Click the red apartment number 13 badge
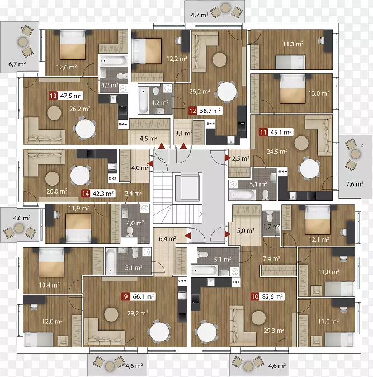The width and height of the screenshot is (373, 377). coord(53,96)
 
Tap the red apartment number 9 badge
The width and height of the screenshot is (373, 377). coord(125,296)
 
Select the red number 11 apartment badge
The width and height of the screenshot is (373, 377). coord(263,132)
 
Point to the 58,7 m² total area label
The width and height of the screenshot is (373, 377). coord(210,111)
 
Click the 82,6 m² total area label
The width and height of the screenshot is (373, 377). coord(272,296)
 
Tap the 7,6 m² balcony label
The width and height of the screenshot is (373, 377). coord(355,184)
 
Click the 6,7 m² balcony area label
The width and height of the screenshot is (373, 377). coord(17,64)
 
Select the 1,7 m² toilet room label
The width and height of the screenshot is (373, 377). coord(271,227)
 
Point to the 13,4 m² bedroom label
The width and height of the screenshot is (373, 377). coord(49,285)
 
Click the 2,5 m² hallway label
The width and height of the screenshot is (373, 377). coord(240,158)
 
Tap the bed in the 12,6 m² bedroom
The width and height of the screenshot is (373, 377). coord(72,45)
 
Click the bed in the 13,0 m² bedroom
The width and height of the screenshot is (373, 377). coord(292,89)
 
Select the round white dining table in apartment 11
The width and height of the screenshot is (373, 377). coord(310,168)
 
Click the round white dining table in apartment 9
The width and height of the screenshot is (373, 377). coord(159,332)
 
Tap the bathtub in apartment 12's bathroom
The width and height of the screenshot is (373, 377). coord(143,100)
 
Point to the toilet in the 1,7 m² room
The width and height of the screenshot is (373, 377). coord(270,216)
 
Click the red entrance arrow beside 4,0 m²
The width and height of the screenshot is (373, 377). coord(150,164)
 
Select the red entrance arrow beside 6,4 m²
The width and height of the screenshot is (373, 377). coord(188,236)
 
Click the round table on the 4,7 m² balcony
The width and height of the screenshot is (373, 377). coord(225,8)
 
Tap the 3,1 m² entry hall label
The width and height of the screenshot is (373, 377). coord(183,133)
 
